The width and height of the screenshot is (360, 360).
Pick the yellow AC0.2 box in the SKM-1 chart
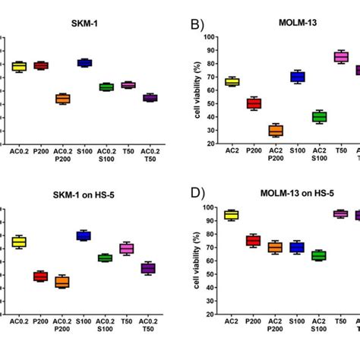[19, 66]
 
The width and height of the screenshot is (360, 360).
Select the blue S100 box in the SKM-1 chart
[85, 63]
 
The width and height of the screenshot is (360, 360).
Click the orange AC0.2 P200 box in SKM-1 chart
[63, 99]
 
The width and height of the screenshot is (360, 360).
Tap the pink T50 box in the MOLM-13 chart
[341, 57]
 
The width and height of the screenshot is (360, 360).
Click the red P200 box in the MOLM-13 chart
[254, 103]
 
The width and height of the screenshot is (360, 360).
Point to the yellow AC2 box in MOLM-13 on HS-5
[232, 215]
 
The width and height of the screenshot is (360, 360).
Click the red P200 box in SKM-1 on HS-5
[41, 276]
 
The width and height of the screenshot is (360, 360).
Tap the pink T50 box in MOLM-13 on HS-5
[341, 214]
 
